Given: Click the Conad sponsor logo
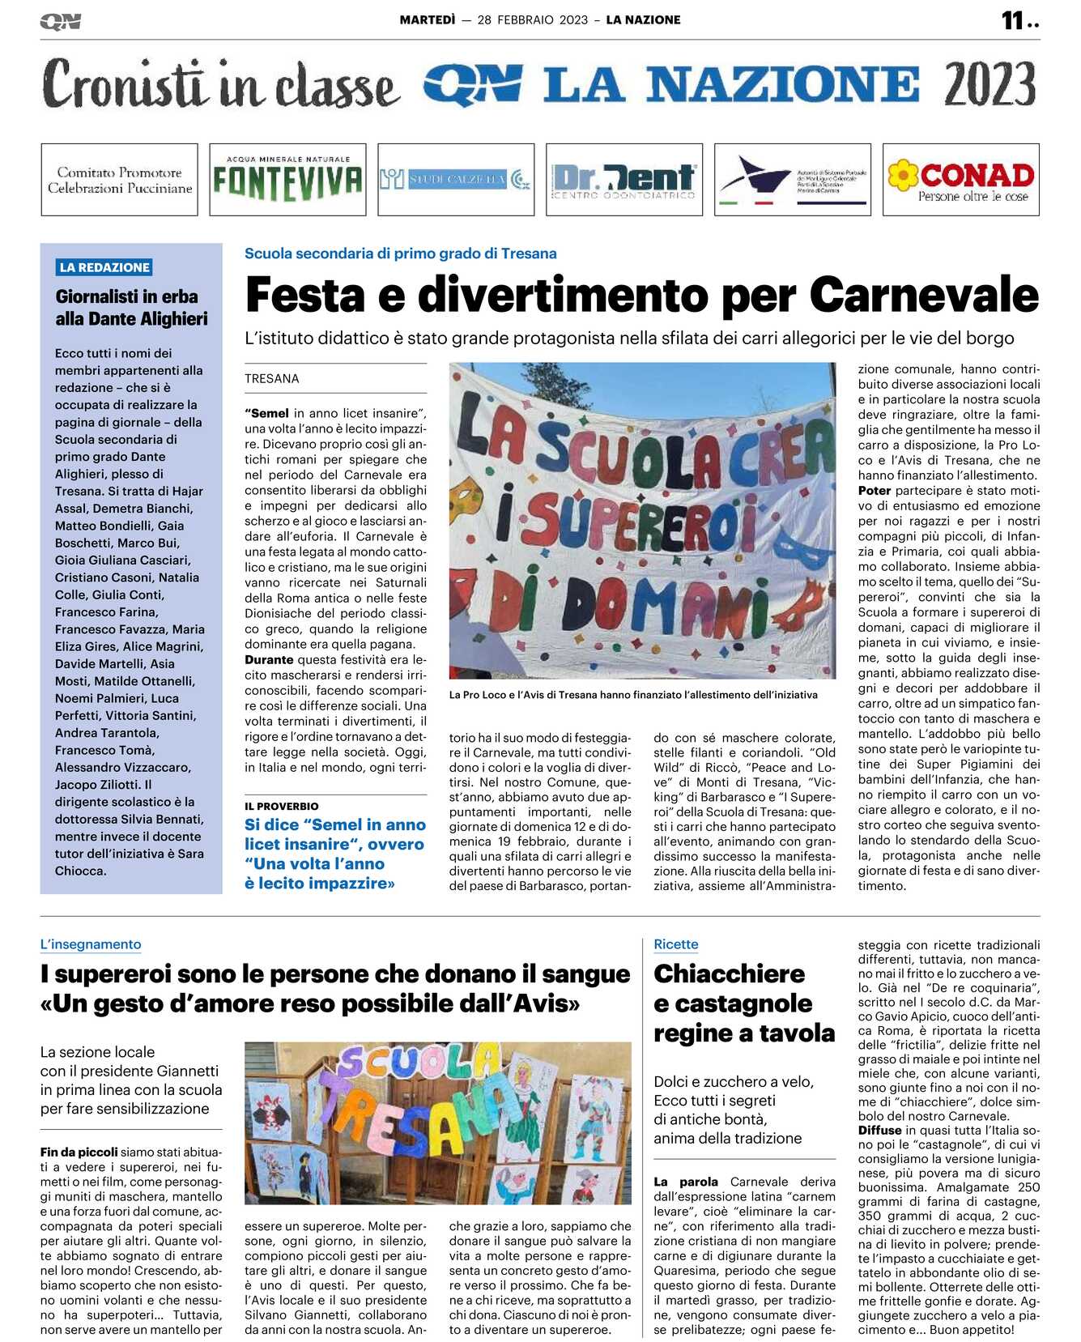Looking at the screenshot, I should click(960, 180).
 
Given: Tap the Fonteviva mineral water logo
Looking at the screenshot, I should click(287, 180).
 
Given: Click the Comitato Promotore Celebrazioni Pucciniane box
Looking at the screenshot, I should click(120, 180).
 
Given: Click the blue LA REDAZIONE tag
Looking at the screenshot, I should click(104, 267).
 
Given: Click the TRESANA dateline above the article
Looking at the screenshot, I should click(272, 379).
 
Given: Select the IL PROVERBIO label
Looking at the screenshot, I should click(282, 806).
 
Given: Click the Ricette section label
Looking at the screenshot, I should click(676, 944).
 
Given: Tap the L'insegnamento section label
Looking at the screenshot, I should click(91, 944).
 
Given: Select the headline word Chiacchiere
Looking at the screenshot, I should click(729, 973).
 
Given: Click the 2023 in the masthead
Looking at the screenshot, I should click(989, 84).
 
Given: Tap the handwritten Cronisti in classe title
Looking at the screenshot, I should click(220, 84).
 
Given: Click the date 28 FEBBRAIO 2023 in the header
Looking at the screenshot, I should click(533, 20).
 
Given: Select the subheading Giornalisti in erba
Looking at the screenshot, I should click(127, 296).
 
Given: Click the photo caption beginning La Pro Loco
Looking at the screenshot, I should click(633, 695).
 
